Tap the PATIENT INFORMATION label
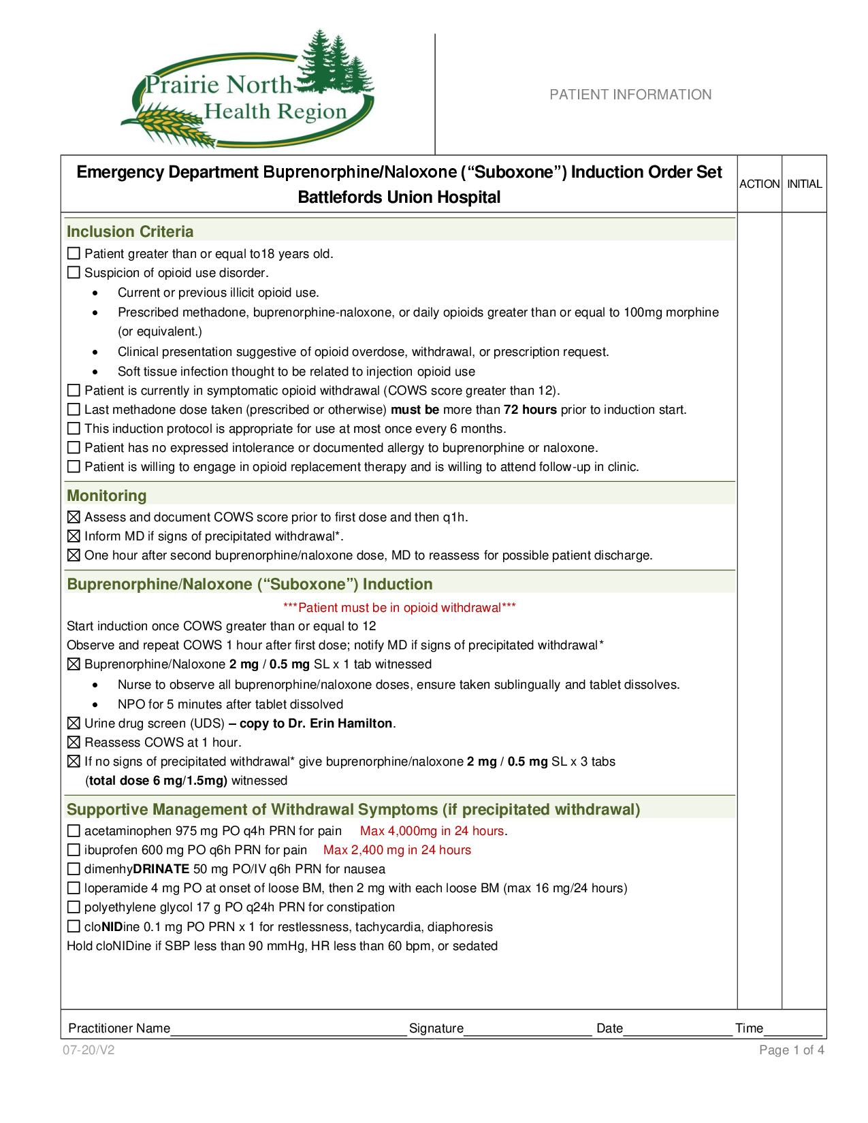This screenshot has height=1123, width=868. pos(630,95)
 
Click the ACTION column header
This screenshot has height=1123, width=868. pos(759,184)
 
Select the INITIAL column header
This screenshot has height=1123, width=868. pos(804,184)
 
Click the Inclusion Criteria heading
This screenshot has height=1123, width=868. pos(130,231)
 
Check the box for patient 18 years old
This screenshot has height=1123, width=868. pos(74,254)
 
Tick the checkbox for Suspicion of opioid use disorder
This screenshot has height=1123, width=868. pos(74,273)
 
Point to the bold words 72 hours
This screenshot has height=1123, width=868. pos(530,410)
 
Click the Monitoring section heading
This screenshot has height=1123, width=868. pos(107,495)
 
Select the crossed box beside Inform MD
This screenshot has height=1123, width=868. pos(74,536)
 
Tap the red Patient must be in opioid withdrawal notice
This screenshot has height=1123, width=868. pos(400,608)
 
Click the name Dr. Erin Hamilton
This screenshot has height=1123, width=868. pos(341,723)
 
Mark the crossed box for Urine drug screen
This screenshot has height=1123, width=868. pos(74,723)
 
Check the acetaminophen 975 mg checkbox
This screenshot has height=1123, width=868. pos(74,831)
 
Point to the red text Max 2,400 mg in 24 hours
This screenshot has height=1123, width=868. pos(397,850)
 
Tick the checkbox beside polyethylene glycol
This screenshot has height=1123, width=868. pos(74,907)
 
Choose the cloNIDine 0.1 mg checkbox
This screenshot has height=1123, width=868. pos(74,927)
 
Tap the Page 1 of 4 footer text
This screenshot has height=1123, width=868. pos(791,1050)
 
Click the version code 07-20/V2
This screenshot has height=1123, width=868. pos(89,1050)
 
